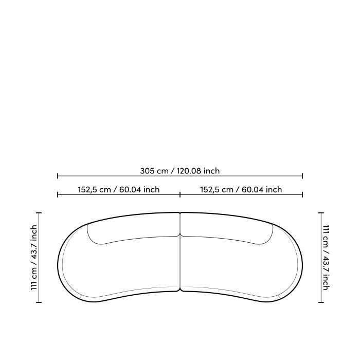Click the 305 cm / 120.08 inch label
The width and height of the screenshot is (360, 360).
click(x=180, y=171)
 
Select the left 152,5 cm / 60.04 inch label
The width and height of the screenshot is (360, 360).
click(x=118, y=190)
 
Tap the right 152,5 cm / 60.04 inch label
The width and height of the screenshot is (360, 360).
click(x=241, y=190)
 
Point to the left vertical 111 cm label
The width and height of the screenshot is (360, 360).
click(x=34, y=257)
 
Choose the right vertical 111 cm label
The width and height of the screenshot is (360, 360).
click(x=326, y=257)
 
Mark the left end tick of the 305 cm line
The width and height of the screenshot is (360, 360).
click(x=58, y=176)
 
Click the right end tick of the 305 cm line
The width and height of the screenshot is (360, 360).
click(x=302, y=176)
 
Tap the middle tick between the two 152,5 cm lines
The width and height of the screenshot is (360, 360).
click(x=180, y=195)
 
